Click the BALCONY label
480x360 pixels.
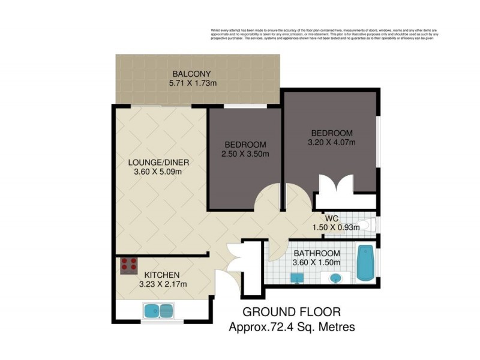coord(191,75)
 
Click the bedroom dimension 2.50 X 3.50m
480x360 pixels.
coord(245,154)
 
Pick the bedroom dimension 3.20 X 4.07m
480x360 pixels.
coord(332,143)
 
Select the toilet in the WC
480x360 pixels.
coord(365,226)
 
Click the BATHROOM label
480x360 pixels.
coord(316,253)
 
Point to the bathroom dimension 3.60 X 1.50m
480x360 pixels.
coord(316,262)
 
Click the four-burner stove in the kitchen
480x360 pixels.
coord(129,265)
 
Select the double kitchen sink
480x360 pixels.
coord(158,311)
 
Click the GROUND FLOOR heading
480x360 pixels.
coord(292,312)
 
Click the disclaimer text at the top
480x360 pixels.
coord(324,34)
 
